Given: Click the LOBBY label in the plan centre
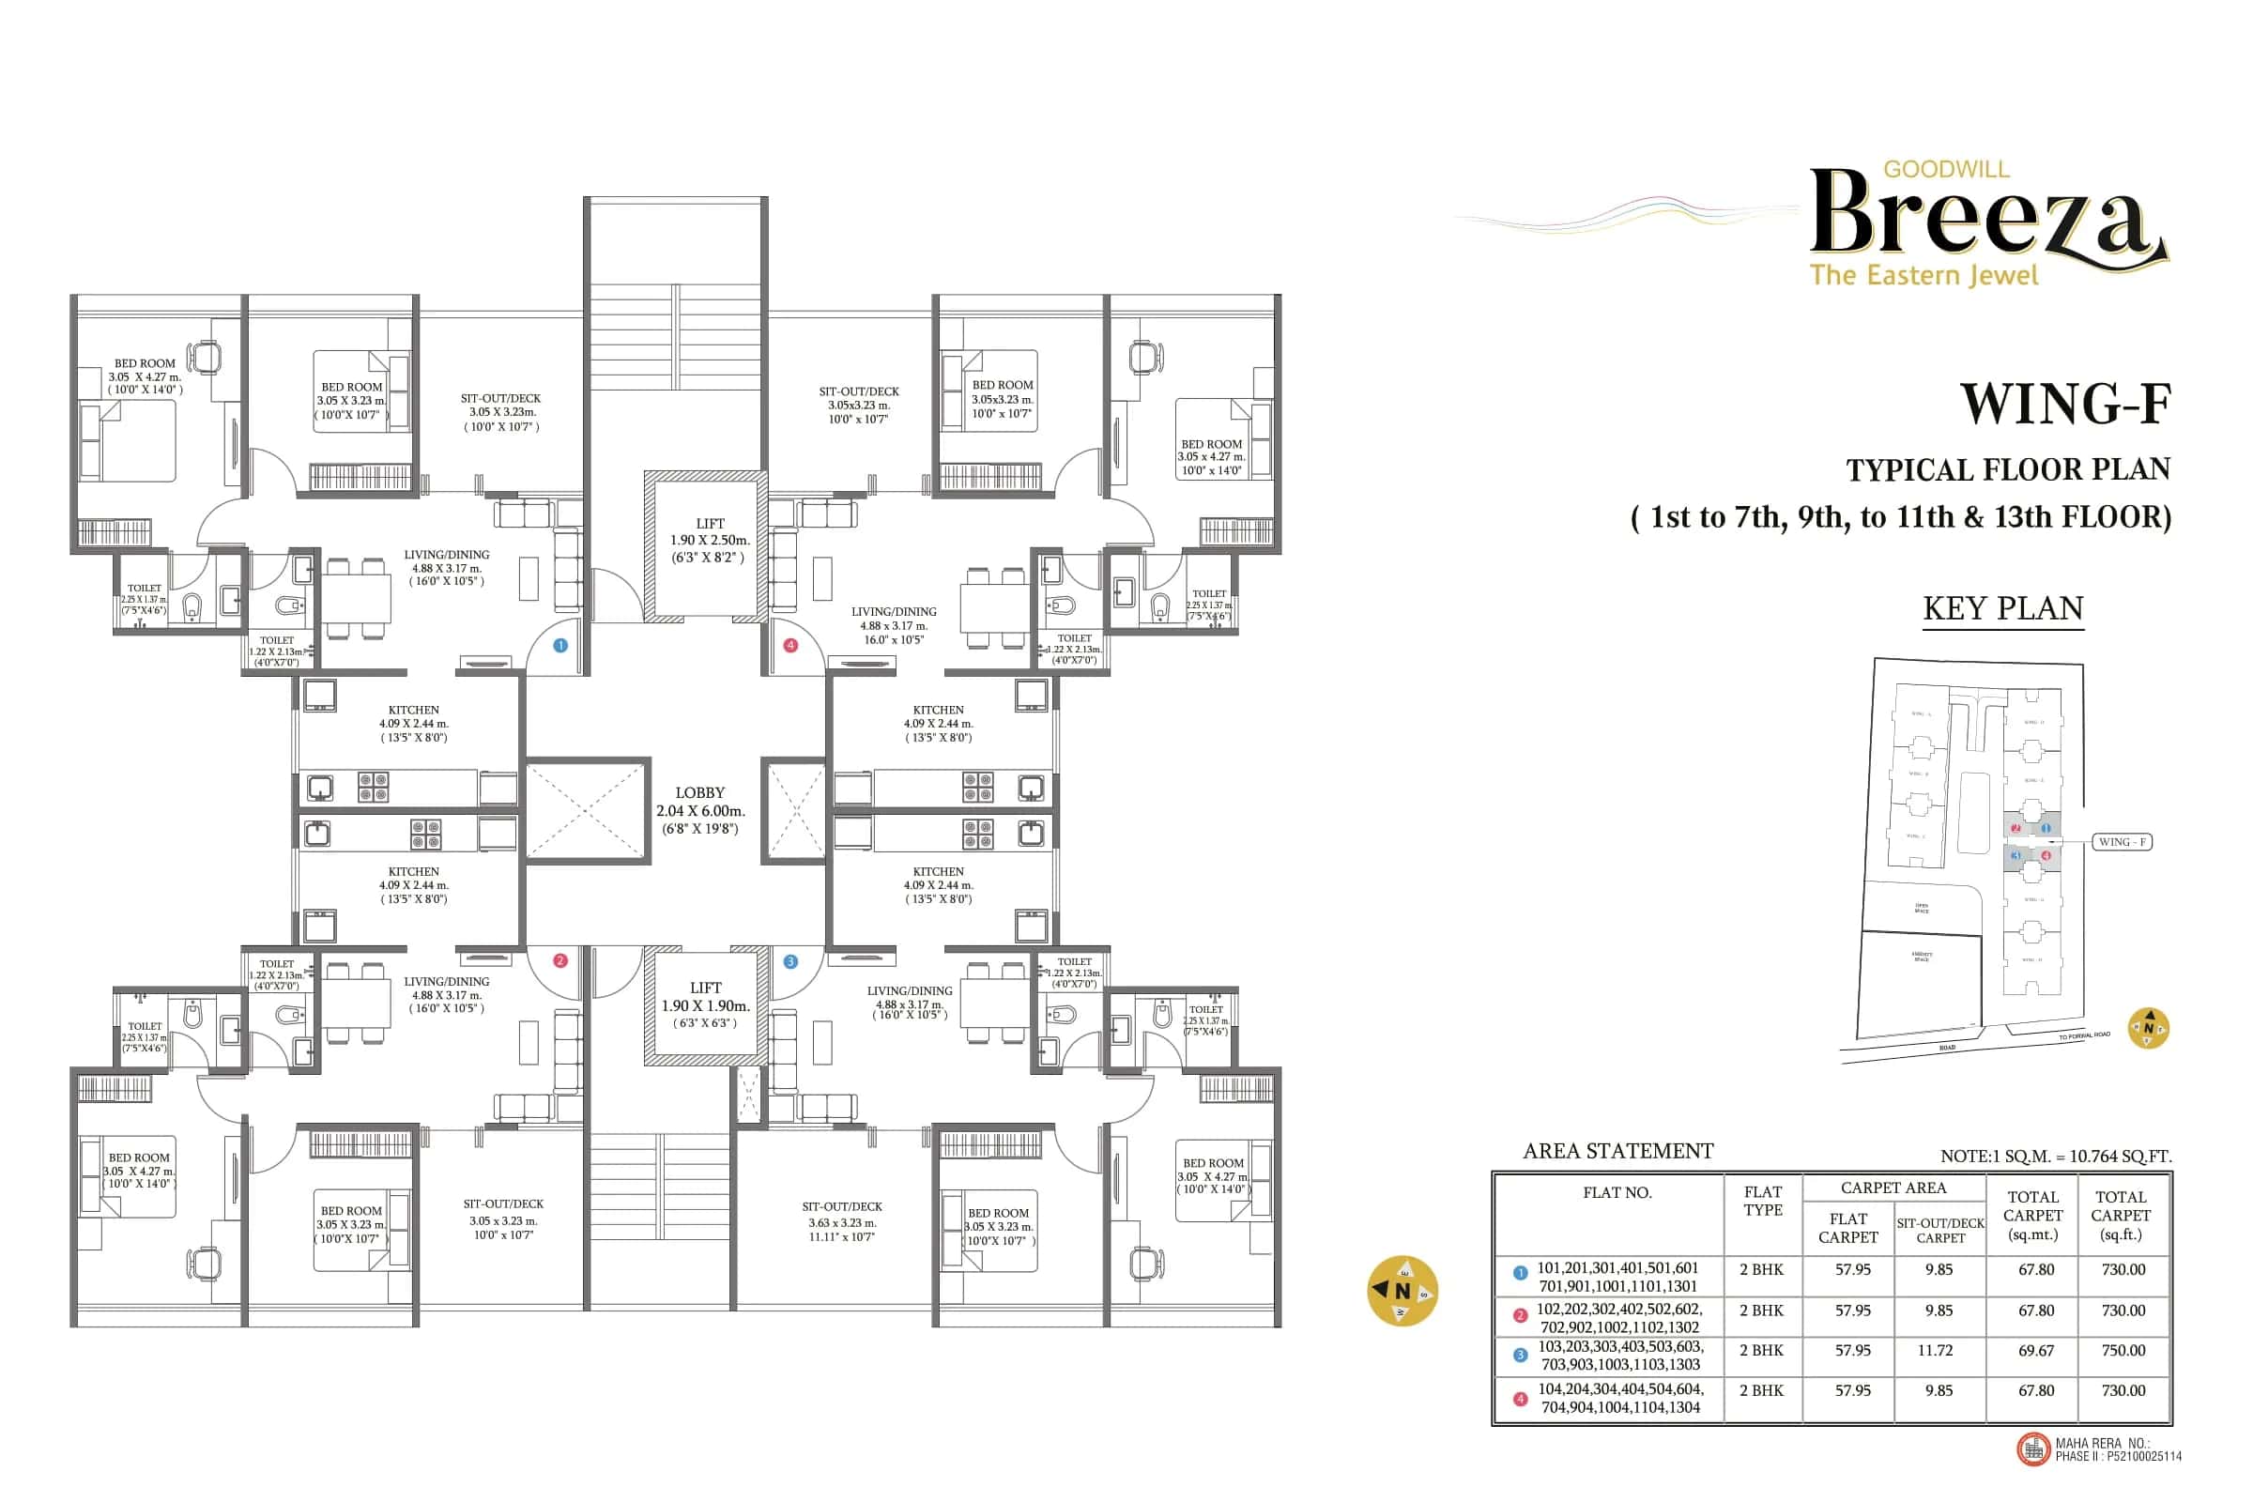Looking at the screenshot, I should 699,793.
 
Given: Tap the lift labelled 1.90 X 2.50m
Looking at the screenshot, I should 709,541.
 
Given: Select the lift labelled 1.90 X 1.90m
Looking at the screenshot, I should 705,1004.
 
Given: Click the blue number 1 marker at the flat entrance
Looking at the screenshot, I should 560,646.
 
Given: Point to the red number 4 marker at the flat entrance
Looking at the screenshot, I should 790,646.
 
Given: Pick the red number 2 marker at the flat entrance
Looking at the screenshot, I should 560,960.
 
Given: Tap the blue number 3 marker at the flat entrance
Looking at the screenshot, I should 790,961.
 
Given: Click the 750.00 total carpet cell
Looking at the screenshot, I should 2123,1350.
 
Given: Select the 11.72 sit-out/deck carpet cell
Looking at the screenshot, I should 1939,1350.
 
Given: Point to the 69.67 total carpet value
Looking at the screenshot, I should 2035,1350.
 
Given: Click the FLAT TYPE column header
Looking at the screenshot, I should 1763,1201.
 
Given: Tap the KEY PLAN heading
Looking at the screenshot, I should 2003,608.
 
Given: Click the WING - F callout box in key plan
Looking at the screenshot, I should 2122,842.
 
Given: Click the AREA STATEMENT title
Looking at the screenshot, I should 1617,1151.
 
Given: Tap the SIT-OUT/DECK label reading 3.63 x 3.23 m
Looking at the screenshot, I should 842,1221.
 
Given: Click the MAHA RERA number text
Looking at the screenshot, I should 2117,1449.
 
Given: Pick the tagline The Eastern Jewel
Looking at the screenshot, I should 1923,276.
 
